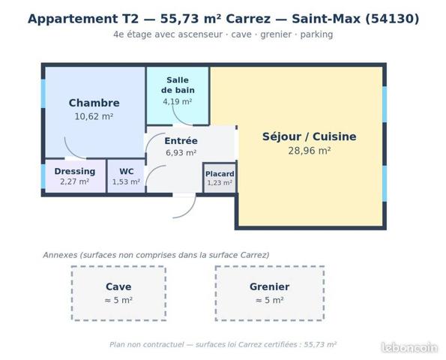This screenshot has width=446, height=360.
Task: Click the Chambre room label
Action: point(94,103)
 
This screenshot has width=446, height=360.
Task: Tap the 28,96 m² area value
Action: point(310,151)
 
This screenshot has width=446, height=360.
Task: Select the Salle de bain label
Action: point(178,85)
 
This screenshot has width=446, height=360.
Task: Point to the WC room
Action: point(126,176)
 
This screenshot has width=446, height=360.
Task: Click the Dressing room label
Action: point(75,171)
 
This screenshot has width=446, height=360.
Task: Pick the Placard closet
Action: point(220,178)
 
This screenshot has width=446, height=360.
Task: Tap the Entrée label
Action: point(181,141)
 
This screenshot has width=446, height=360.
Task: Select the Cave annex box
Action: point(118,293)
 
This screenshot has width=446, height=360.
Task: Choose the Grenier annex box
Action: point(270,293)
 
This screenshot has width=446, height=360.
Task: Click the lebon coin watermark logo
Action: point(409,348)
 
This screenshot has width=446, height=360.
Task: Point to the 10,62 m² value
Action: point(94,116)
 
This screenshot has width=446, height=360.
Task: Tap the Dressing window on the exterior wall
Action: point(43,176)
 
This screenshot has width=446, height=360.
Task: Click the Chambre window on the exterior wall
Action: point(43,94)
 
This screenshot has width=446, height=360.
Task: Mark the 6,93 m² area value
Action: point(181,153)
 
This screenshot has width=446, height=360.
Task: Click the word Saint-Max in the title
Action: point(326,19)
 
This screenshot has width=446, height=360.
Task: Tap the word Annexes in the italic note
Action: point(60,255)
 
